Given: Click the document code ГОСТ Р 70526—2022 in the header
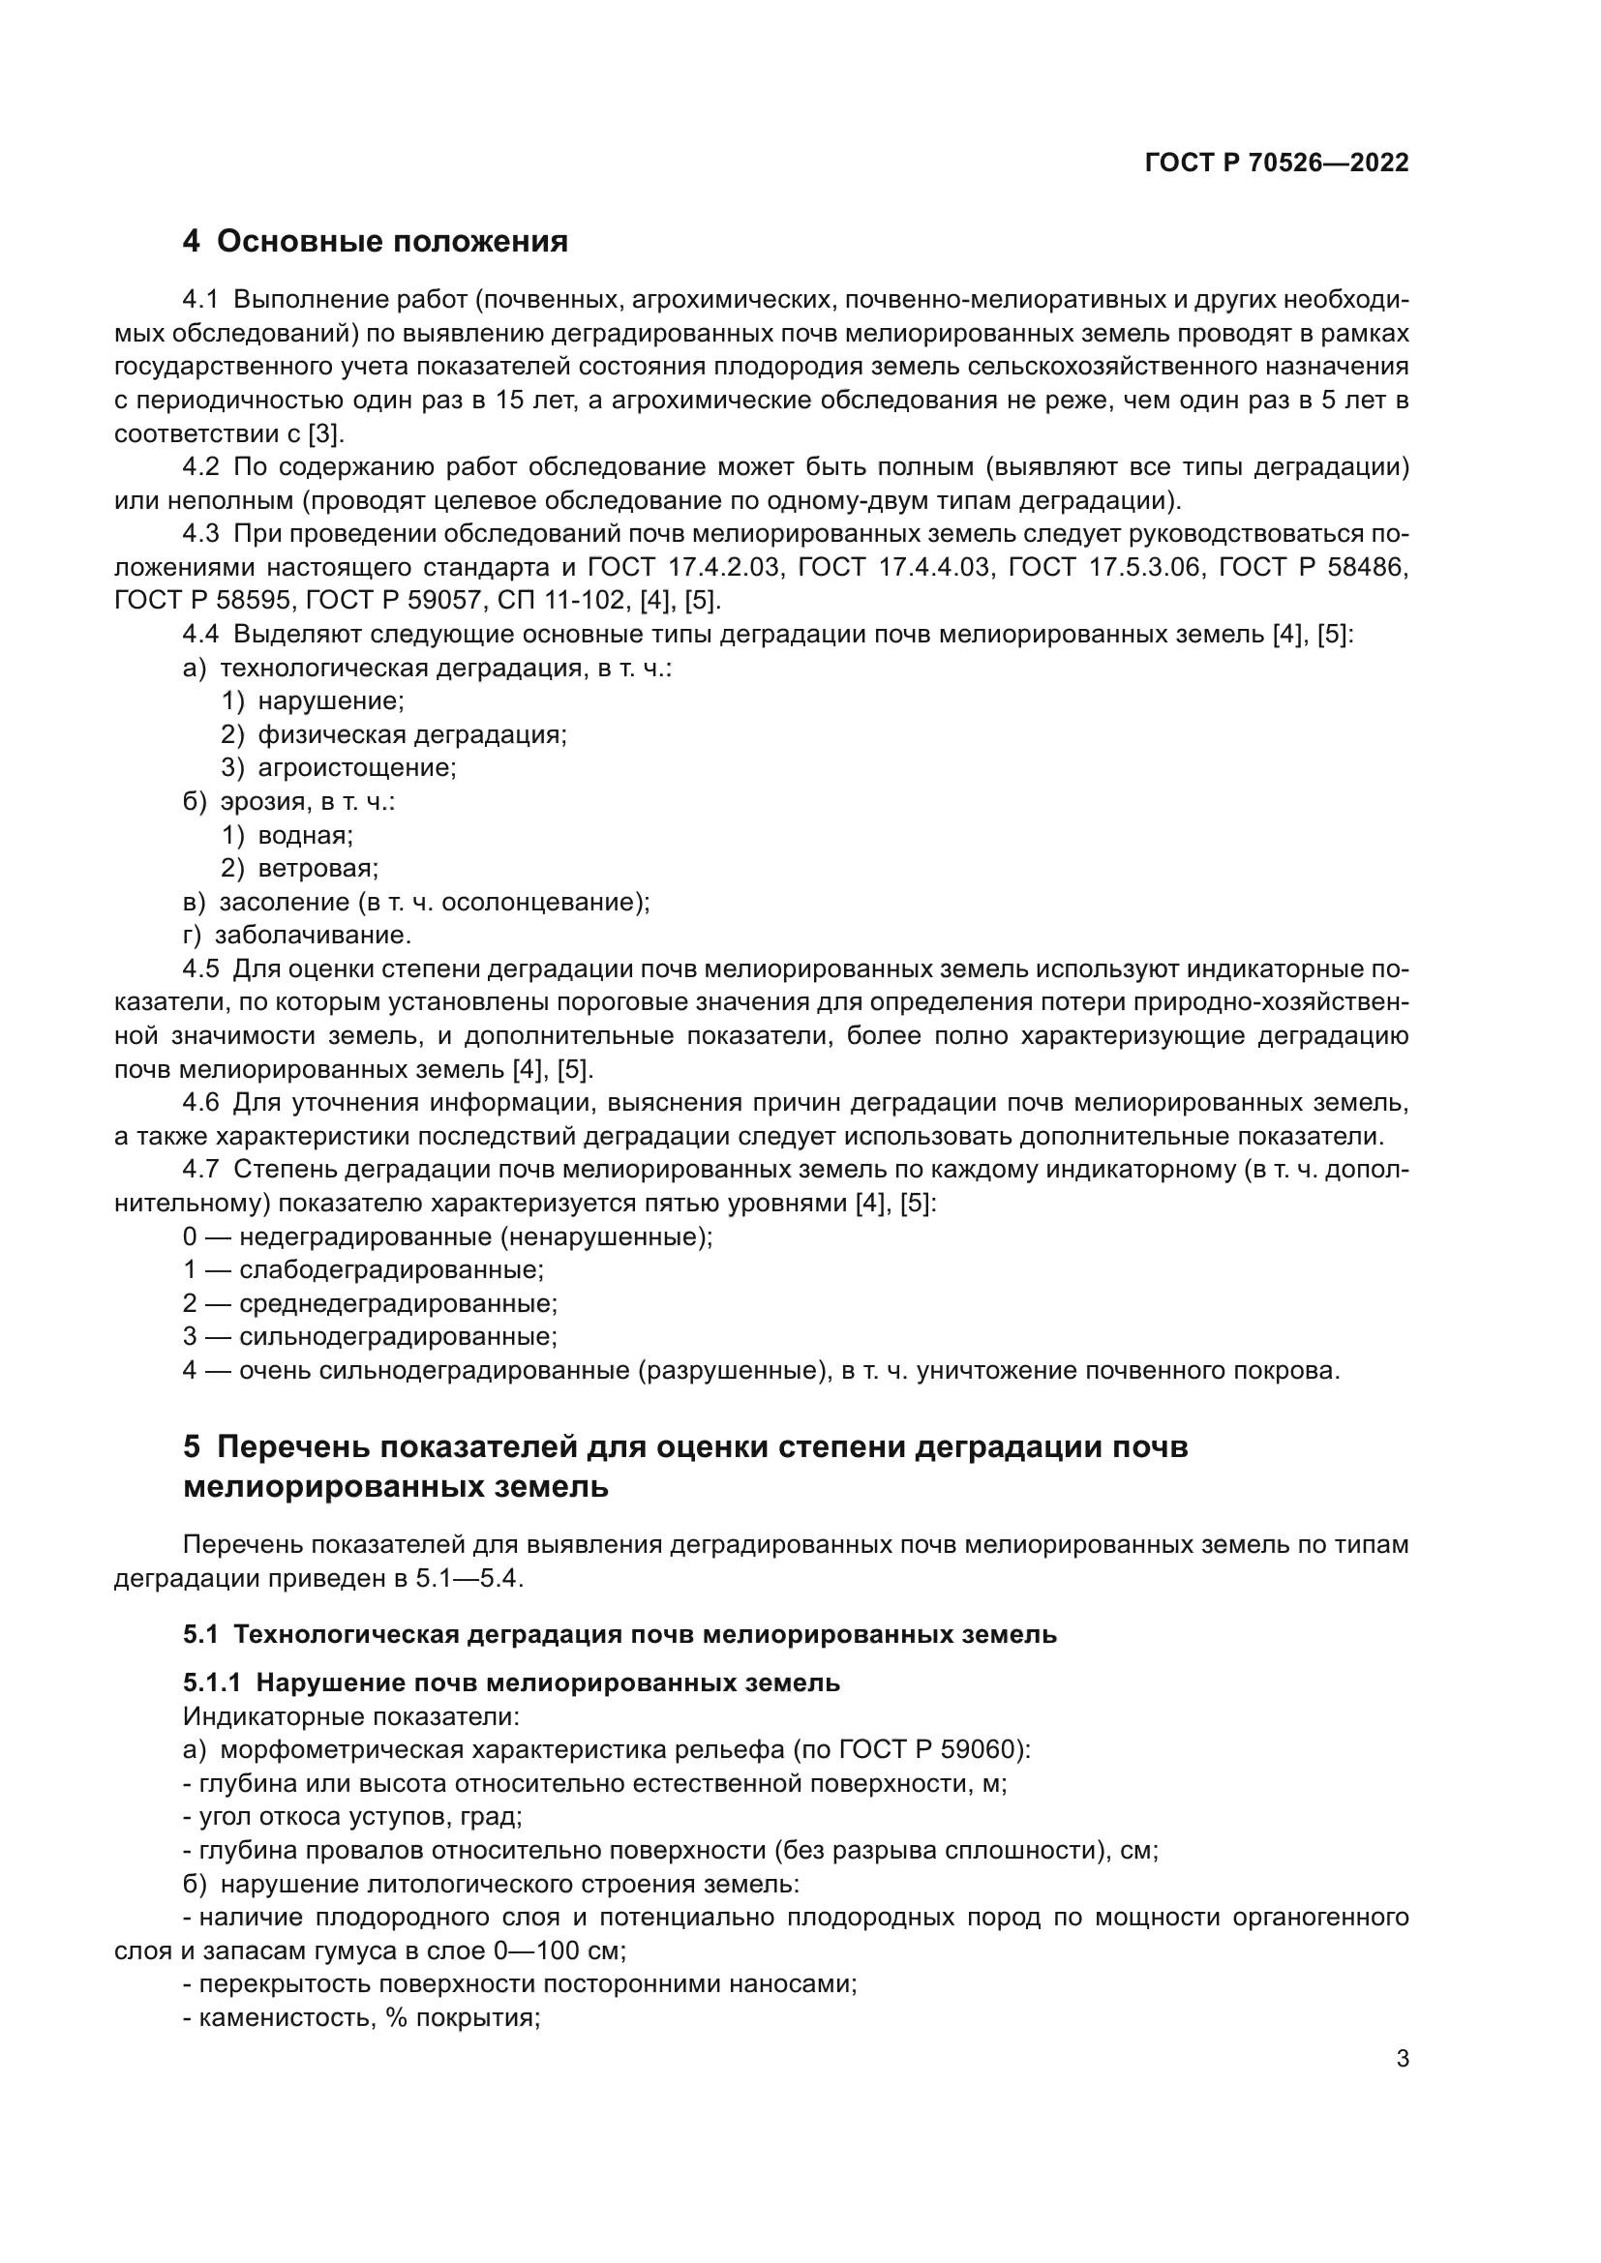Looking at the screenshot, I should [1276, 164].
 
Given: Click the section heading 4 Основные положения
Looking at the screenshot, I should [376, 242].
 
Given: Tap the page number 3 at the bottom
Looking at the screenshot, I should [1402, 2059].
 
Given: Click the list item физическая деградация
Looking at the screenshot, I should [411, 734].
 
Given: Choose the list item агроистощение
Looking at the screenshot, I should [356, 768].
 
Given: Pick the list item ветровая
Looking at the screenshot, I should [317, 868].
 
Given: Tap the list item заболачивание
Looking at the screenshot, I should [313, 935].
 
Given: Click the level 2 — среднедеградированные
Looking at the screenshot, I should [370, 1303].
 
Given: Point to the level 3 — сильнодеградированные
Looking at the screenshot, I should [370, 1336].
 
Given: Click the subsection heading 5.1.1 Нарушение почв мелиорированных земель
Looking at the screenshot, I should [511, 1682].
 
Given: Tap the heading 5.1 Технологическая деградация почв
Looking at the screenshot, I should [619, 1634].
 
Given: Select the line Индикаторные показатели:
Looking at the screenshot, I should [351, 1716].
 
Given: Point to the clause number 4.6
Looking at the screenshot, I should [201, 1102].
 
